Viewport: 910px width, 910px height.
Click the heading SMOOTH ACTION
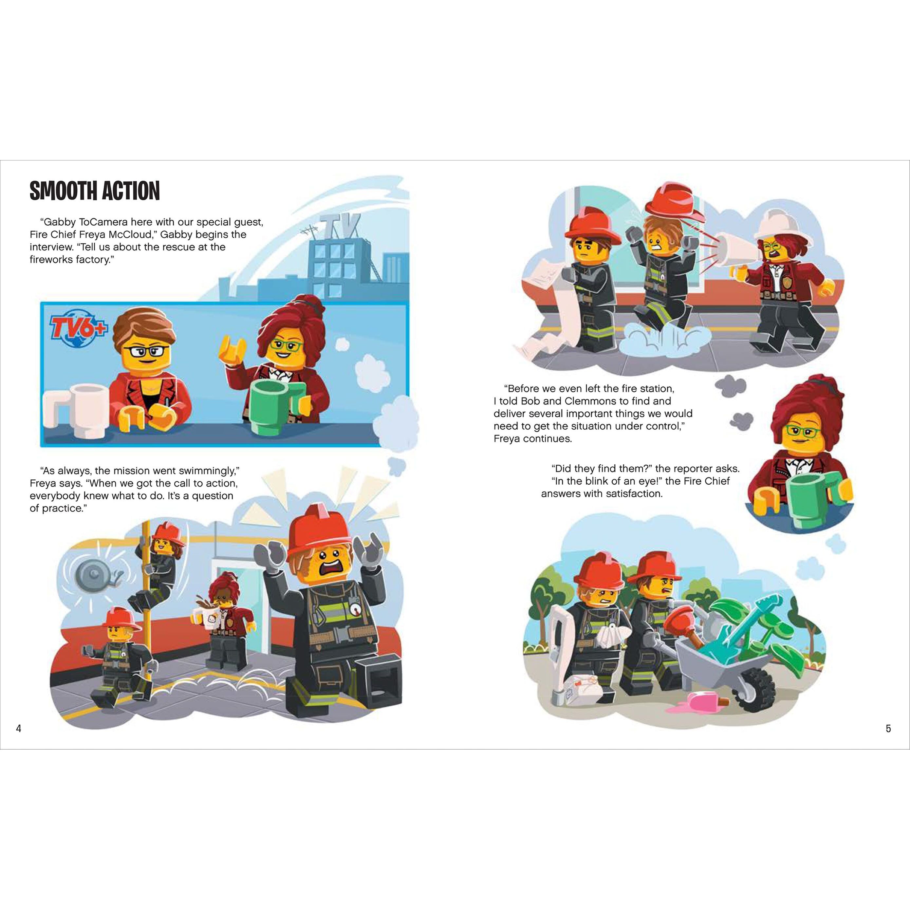95,191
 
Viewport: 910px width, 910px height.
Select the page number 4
19,729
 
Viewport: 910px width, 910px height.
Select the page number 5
888,729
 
